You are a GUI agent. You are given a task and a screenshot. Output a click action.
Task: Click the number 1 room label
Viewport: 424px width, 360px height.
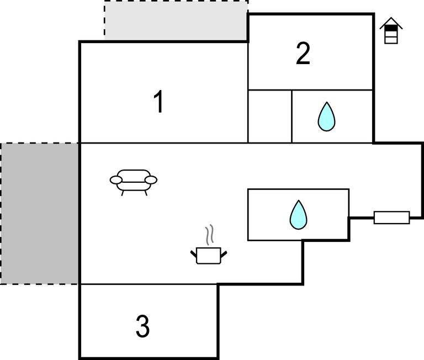(x=158, y=102)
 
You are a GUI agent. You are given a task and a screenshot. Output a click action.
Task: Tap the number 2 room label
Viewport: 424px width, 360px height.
(x=303, y=54)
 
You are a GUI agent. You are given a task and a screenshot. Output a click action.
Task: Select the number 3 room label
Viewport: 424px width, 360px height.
(x=142, y=326)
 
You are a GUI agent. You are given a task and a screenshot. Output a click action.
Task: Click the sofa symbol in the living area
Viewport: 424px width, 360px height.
(x=134, y=181)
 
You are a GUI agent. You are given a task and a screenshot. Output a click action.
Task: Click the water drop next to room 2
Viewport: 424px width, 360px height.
(x=326, y=117)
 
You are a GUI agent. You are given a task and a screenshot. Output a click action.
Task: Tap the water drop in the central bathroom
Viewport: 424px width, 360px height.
(x=298, y=215)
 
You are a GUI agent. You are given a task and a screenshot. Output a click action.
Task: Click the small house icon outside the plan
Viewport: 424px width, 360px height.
(x=391, y=31)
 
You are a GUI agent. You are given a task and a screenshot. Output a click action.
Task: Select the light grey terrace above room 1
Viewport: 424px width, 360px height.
(x=176, y=21)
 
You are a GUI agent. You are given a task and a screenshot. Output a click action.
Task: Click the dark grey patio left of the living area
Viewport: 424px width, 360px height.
(x=40, y=213)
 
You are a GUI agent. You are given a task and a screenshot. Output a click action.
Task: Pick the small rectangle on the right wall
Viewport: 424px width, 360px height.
(x=391, y=218)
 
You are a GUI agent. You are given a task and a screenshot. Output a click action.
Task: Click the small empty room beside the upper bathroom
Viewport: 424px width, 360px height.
(x=269, y=117)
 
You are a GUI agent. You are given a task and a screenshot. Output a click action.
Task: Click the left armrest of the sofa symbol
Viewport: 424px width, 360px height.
(x=116, y=179)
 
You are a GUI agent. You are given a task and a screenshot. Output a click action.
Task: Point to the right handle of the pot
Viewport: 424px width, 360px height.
(x=223, y=253)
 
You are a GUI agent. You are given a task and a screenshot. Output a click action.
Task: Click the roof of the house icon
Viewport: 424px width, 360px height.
(x=391, y=23)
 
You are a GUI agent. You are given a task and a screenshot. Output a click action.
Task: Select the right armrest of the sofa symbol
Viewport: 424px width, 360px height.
(x=151, y=179)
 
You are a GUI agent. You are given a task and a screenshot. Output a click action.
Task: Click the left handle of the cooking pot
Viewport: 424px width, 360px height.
(x=194, y=253)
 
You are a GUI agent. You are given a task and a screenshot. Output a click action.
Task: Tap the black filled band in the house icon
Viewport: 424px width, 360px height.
(x=391, y=28)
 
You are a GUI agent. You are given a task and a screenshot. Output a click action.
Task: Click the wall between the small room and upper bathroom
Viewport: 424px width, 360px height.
(x=291, y=117)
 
